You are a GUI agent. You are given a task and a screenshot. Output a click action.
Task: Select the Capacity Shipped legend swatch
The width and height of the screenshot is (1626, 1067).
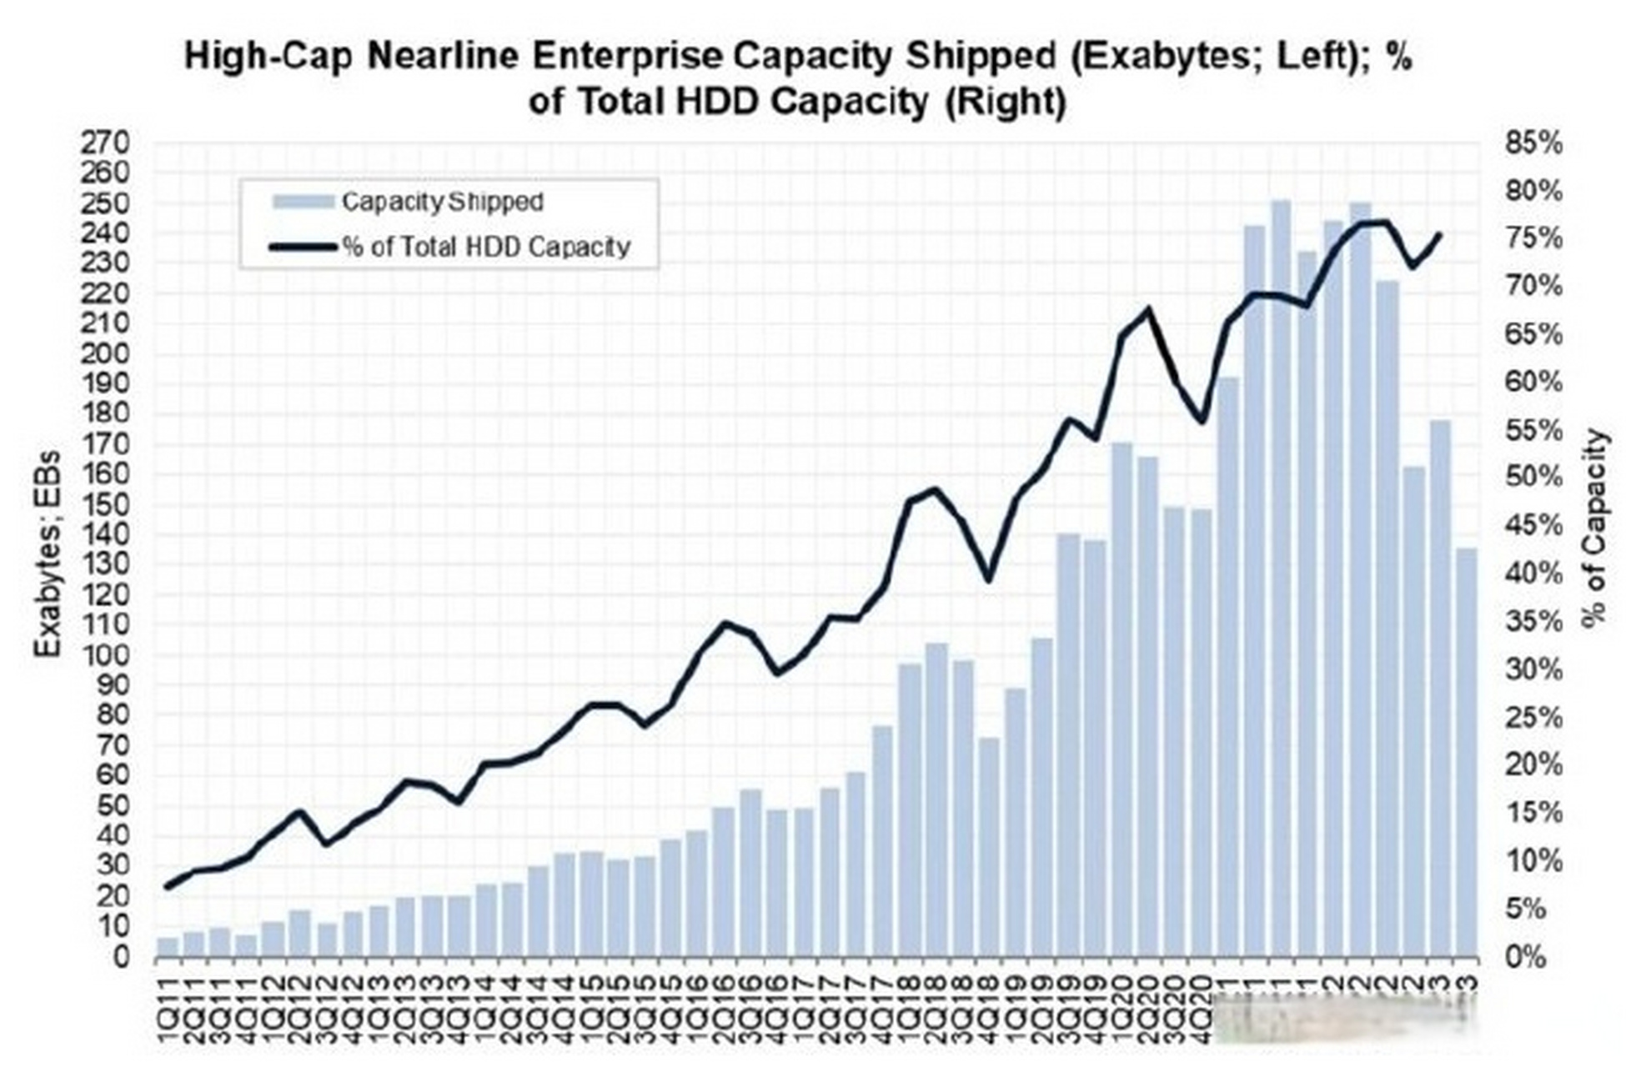304,202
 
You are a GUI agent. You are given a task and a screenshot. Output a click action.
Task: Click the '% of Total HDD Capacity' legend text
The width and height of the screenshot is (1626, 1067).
485,247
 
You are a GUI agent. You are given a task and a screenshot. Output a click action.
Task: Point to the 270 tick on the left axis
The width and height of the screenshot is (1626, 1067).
105,143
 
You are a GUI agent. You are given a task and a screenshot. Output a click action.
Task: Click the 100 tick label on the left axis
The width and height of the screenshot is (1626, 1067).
105,654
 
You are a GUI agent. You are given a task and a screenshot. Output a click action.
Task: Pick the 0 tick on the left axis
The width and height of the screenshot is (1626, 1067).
121,956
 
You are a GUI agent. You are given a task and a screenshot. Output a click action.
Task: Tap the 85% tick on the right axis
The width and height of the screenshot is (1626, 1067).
1533,143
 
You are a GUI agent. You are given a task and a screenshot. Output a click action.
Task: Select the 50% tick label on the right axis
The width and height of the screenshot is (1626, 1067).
1533,478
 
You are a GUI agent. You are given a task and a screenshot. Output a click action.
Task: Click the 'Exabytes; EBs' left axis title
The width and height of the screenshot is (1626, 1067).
48,554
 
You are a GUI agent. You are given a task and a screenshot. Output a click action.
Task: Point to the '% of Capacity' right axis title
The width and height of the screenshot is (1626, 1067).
1594,527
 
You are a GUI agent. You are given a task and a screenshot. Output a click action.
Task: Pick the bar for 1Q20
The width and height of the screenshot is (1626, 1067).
1122,700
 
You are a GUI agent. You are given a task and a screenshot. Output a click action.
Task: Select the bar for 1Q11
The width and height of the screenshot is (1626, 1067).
168,947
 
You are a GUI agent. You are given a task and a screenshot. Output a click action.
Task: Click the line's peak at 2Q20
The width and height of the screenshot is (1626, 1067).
1148,310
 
